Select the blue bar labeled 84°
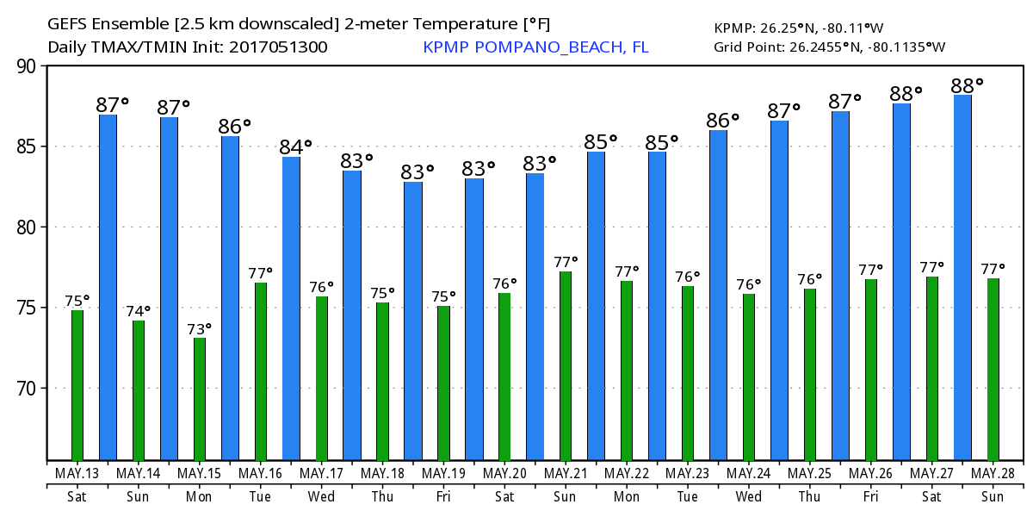tap(291, 308)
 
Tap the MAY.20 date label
tap(504, 473)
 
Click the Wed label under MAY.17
tap(321, 496)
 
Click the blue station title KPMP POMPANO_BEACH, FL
tap(535, 47)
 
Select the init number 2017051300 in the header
tap(278, 47)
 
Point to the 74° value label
tap(139, 311)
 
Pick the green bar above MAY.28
tap(993, 370)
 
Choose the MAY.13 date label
tap(77, 473)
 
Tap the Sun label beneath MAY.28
tap(993, 496)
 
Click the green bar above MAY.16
tap(261, 371)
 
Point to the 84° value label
tap(295, 147)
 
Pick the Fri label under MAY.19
tap(443, 496)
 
